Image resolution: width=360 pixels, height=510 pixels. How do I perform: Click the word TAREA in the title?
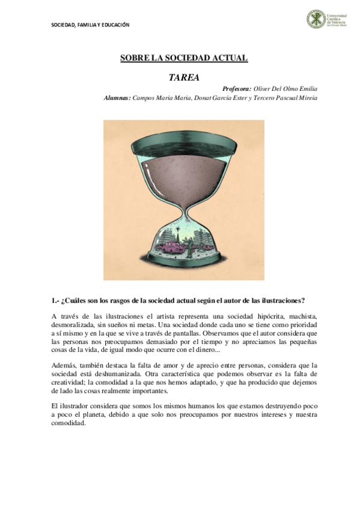pyautogui.click(x=184, y=77)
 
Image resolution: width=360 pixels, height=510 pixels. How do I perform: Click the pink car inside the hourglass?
pyautogui.click(x=174, y=246)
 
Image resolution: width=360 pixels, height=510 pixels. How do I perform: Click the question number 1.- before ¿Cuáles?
pyautogui.click(x=56, y=300)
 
